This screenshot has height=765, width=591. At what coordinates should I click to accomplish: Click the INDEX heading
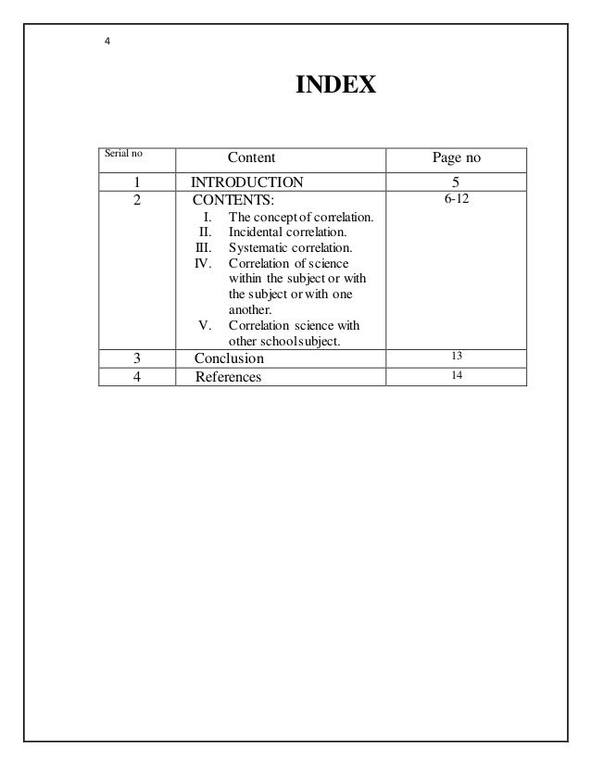(x=334, y=86)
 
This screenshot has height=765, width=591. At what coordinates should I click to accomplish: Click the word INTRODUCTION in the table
(x=246, y=182)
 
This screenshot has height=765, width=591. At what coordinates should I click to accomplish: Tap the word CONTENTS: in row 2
(x=233, y=199)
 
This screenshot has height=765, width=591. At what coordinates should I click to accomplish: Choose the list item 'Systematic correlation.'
(x=289, y=248)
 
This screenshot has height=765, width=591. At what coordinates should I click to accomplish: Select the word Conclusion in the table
(x=229, y=358)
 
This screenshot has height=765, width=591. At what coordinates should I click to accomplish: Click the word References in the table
(x=228, y=377)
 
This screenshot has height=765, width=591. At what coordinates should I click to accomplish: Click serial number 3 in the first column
(x=136, y=358)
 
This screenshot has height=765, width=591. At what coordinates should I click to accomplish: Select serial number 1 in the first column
(x=136, y=182)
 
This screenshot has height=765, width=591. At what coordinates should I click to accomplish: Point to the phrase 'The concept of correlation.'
(x=300, y=217)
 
